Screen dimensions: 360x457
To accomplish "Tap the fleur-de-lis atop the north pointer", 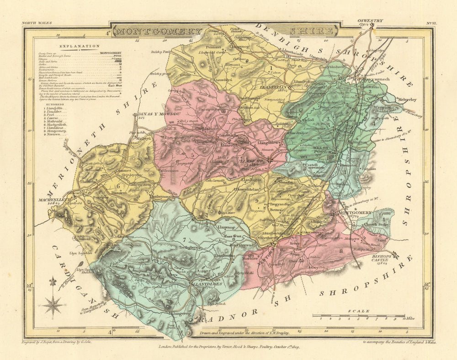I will tap(53, 281).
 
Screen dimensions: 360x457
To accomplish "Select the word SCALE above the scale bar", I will tap(358, 311).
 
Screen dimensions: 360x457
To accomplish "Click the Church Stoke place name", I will tap(376, 224).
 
